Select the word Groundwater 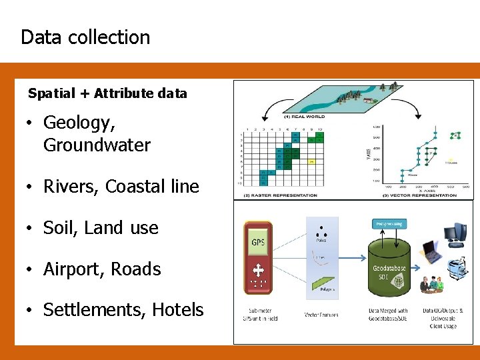(x=97, y=145)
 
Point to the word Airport (x=72, y=269)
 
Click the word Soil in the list (x=58, y=228)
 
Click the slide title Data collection (x=85, y=37)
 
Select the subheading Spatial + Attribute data (x=107, y=93)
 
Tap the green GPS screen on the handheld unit (x=257, y=242)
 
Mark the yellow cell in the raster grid (x=311, y=161)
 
